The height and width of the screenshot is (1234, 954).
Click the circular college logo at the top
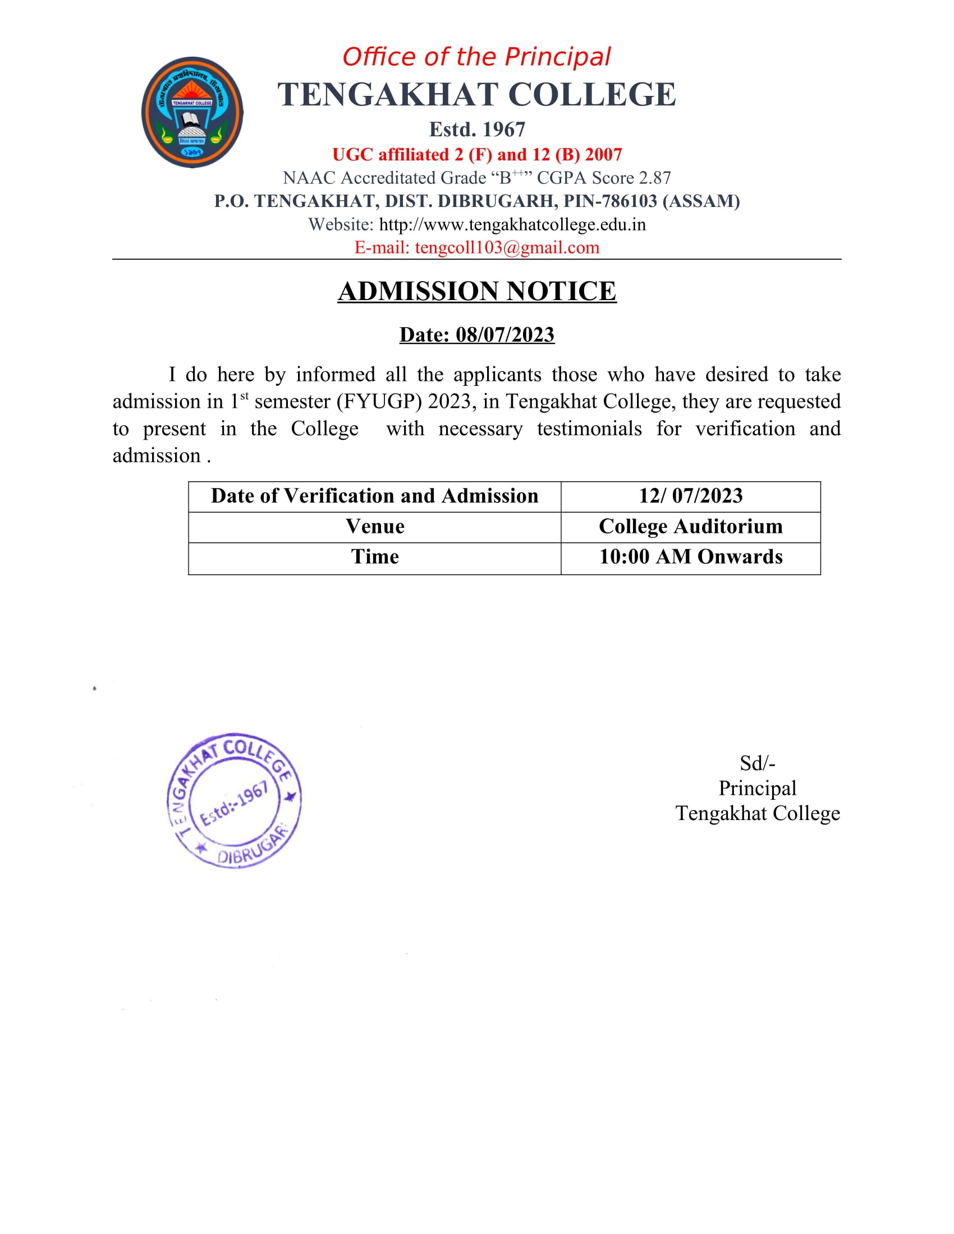pyautogui.click(x=192, y=112)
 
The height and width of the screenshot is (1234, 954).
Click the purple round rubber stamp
pyautogui.click(x=234, y=800)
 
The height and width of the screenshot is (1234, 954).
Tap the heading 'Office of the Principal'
pyautogui.click(x=476, y=57)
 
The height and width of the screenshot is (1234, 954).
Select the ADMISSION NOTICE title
pyautogui.click(x=476, y=292)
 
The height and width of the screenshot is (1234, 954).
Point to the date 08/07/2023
pyautogui.click(x=504, y=334)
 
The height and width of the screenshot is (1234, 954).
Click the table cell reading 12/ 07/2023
pyautogui.click(x=691, y=496)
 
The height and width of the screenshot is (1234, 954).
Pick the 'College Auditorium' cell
pyautogui.click(x=691, y=527)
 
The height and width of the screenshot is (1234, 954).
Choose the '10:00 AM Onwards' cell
pyautogui.click(x=691, y=557)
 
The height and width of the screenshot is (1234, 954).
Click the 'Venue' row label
pyautogui.click(x=375, y=527)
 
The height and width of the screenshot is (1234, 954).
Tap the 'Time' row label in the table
pyautogui.click(x=375, y=557)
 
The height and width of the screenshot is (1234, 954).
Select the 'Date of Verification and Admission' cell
pyautogui.click(x=375, y=496)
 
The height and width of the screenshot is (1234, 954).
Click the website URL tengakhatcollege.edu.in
pyautogui.click(x=512, y=225)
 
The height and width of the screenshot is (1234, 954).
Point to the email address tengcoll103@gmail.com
pyautogui.click(x=506, y=247)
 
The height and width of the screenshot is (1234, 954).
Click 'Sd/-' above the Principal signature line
pyautogui.click(x=758, y=763)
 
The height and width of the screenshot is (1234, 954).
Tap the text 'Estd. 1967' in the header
pyautogui.click(x=477, y=130)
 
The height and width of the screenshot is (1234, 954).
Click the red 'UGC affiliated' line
pyautogui.click(x=477, y=154)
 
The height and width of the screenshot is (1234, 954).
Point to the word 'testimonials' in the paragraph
pyautogui.click(x=589, y=429)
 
